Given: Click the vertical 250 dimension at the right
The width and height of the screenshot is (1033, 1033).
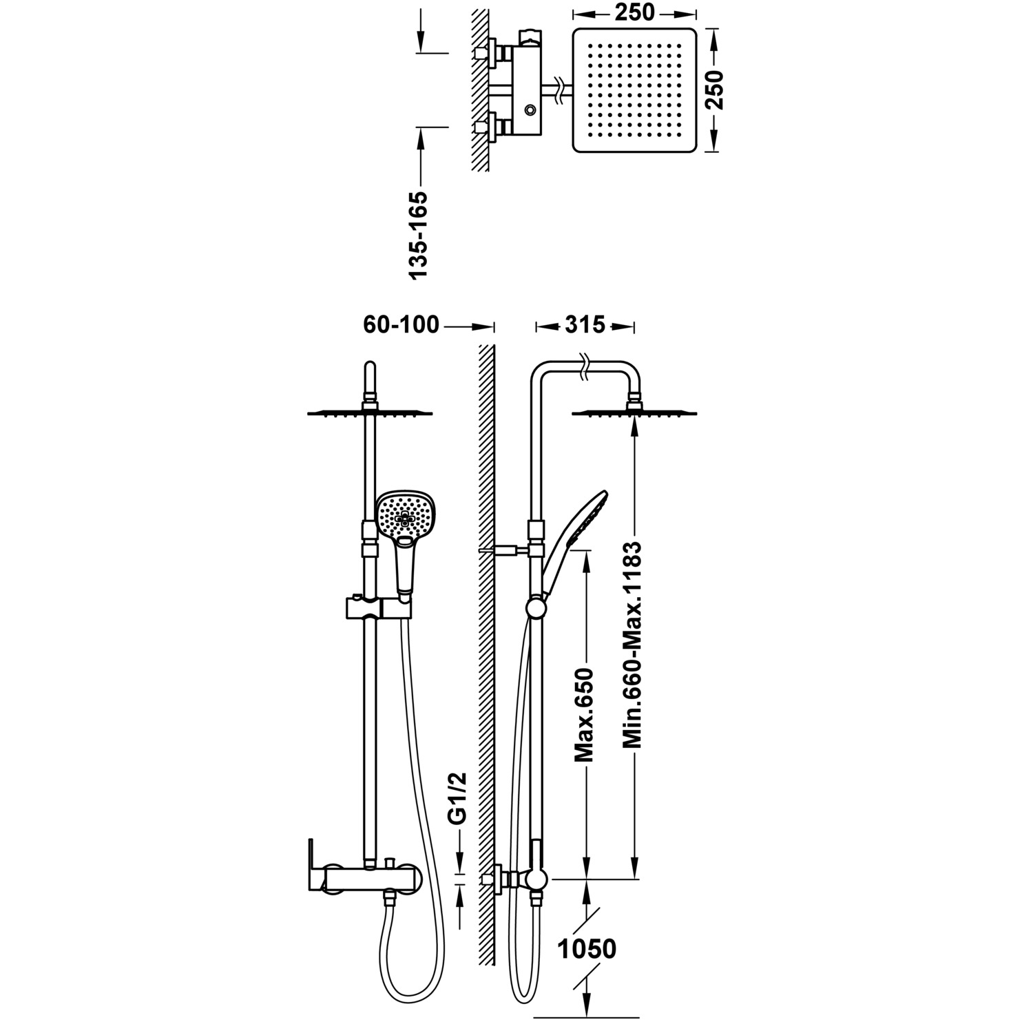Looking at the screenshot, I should (x=717, y=90).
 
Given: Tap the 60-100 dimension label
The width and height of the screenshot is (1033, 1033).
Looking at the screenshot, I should (x=401, y=324).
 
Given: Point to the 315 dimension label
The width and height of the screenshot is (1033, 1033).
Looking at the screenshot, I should (x=585, y=324).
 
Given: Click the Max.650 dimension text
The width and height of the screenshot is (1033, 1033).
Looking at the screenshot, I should (x=585, y=715).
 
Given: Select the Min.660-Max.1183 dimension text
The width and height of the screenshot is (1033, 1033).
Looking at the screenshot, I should (x=633, y=646).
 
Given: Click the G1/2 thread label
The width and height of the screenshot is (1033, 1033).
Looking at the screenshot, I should (x=458, y=798).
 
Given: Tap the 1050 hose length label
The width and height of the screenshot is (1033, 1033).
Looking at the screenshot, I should (x=586, y=949).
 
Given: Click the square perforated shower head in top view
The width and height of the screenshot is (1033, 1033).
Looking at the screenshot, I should (x=634, y=90).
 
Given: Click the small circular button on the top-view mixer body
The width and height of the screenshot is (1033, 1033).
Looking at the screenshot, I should (x=530, y=109).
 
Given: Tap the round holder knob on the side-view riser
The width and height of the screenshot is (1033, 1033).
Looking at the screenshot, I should (x=535, y=607).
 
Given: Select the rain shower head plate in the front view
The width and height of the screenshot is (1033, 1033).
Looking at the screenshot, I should (x=371, y=413).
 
